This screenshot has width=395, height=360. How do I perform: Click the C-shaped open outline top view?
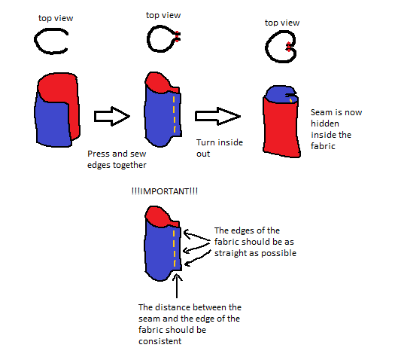coord(35,41)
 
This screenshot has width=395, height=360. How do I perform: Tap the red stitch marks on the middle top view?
coord(177,37)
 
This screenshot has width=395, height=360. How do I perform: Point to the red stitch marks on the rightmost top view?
coord(289,47)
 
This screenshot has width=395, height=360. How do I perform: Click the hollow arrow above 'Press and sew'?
coord(112,116)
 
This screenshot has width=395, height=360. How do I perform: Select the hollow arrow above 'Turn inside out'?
coord(217,116)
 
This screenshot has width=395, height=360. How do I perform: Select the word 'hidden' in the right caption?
coord(325,124)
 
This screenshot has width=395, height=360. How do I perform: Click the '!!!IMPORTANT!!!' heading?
coord(165,191)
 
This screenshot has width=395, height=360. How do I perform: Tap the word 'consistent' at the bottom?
coord(160,341)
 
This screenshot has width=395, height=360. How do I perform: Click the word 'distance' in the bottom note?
coord(171,307)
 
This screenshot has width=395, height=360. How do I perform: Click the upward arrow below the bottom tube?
coord(177,286)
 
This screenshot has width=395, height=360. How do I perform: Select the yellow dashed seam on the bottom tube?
coord(175,249)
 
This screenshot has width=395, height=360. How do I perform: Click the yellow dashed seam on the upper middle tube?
coord(175,114)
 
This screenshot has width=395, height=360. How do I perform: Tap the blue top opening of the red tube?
coord(280,95)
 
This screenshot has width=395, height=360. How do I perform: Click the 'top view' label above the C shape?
coord(56,18)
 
